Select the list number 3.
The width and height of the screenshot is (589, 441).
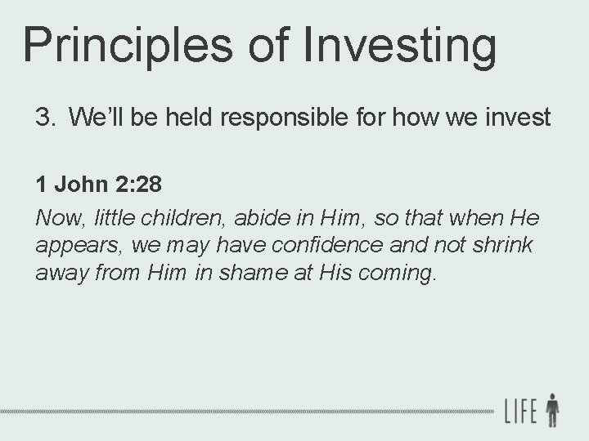(44, 118)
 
